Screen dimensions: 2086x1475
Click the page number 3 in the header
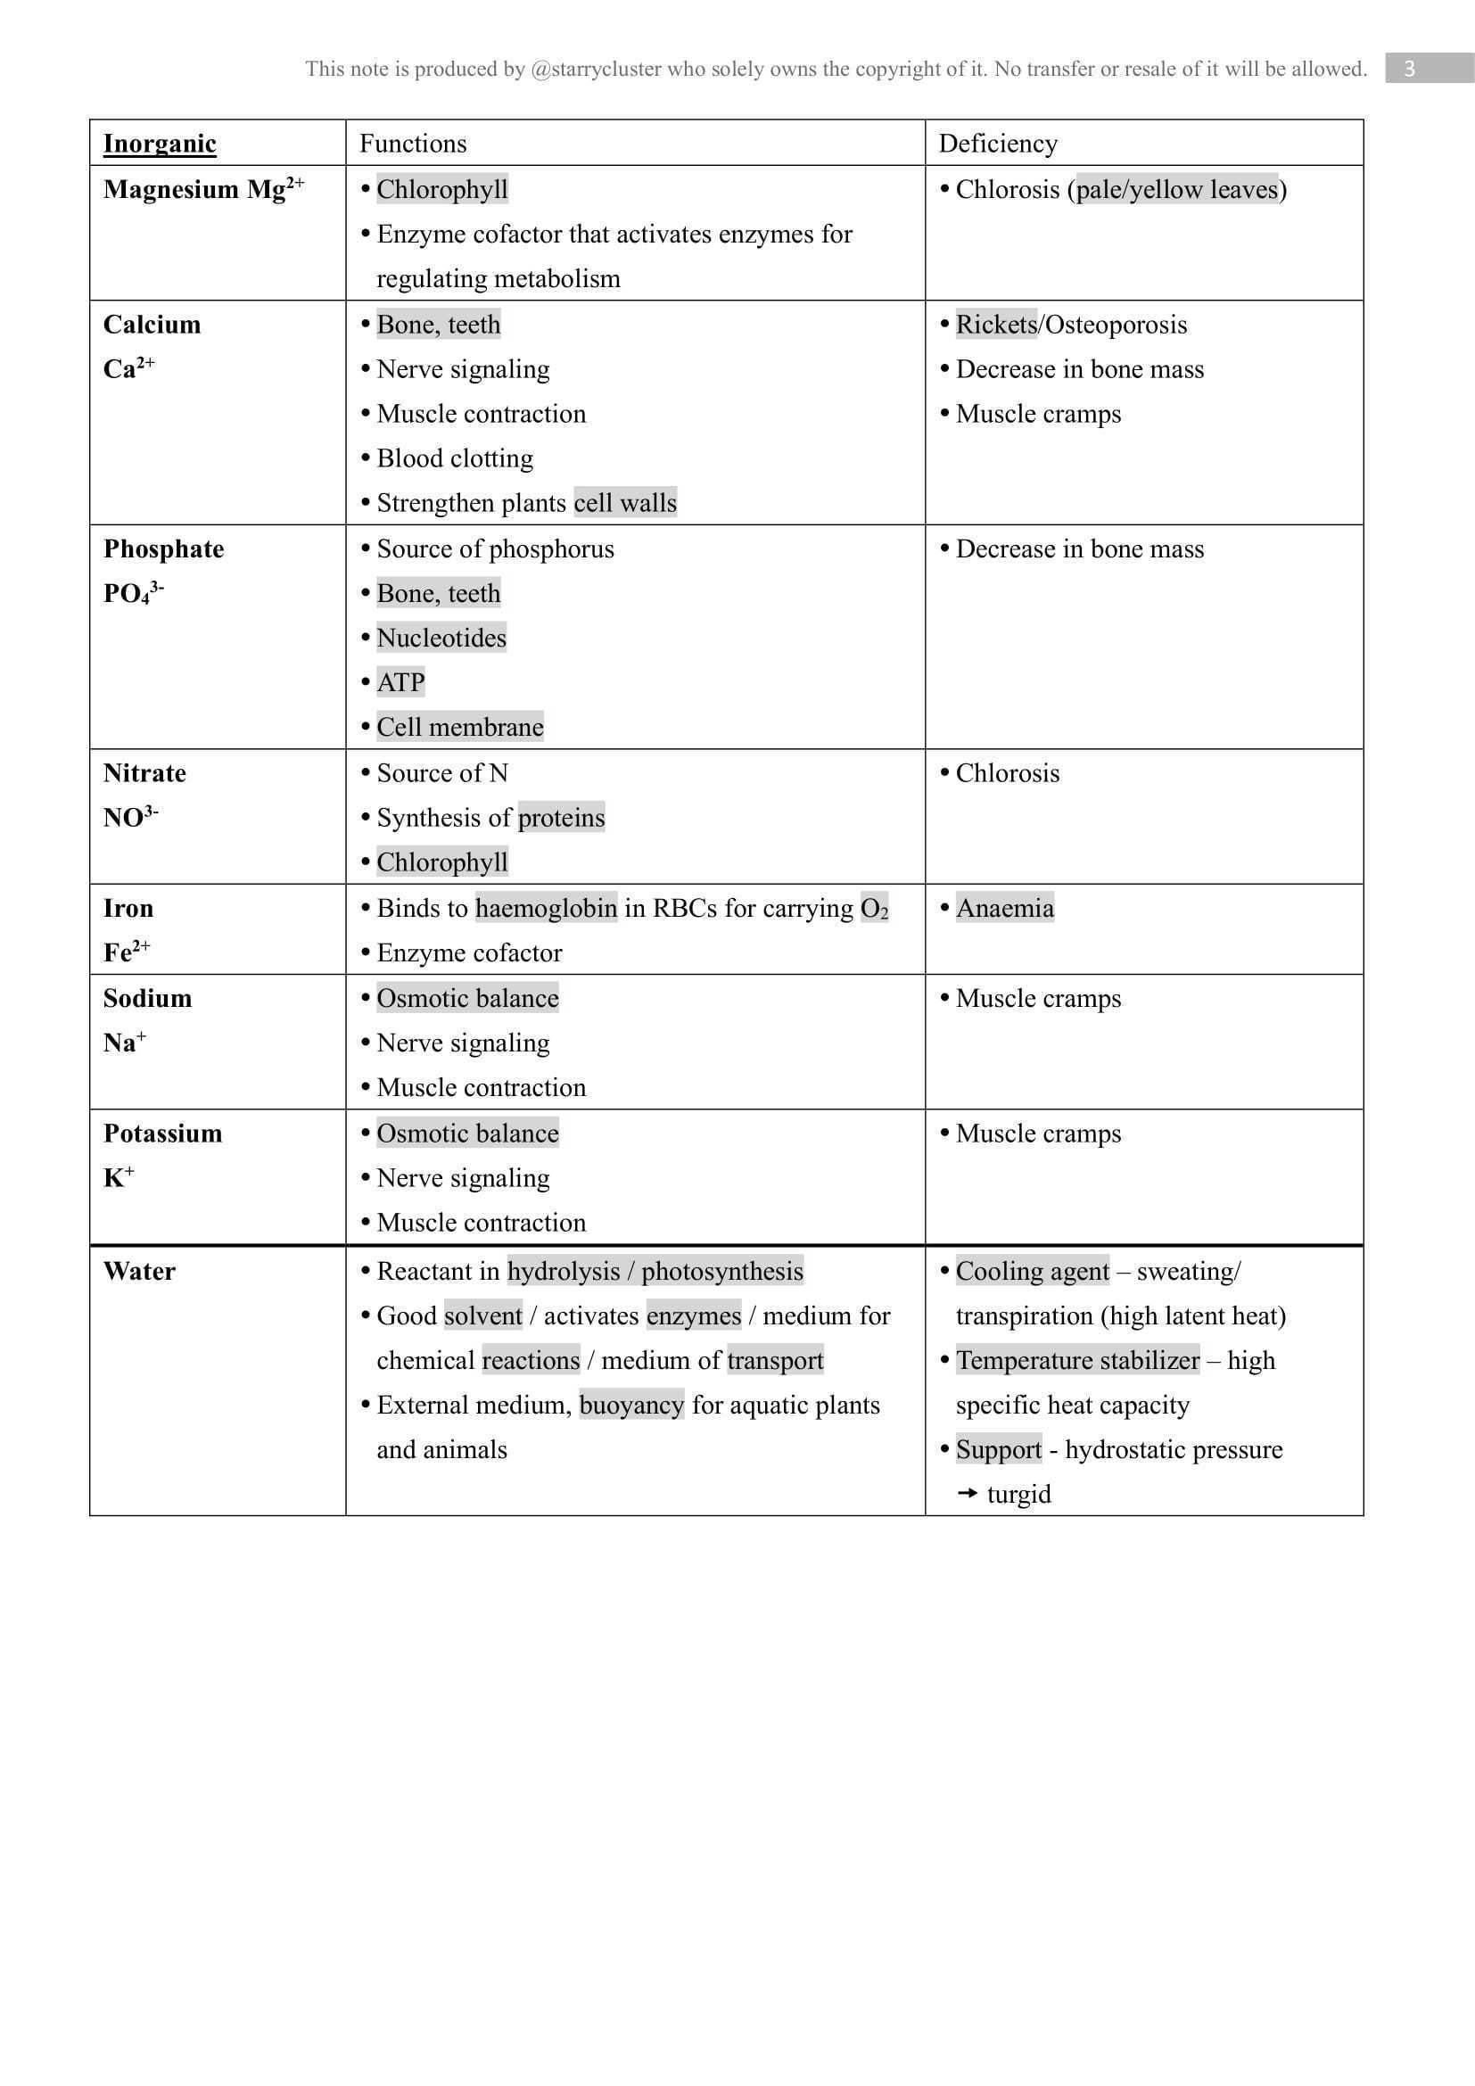(x=1409, y=68)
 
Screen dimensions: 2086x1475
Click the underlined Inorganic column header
(x=159, y=144)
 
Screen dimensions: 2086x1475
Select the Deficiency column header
(x=997, y=144)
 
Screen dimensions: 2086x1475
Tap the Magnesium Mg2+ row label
(x=202, y=189)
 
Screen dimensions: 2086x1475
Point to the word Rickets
(x=995, y=325)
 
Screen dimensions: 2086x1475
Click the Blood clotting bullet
(x=454, y=458)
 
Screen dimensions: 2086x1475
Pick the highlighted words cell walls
(x=625, y=503)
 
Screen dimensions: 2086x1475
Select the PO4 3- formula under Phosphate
(x=133, y=593)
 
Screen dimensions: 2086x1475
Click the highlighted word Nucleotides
(x=441, y=638)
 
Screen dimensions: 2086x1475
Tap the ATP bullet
(x=400, y=682)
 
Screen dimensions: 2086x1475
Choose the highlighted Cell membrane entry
(x=459, y=727)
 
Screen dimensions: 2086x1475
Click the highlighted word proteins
(x=560, y=818)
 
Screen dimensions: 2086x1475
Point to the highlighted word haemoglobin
(x=546, y=908)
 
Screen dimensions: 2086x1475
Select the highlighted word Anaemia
(x=1004, y=908)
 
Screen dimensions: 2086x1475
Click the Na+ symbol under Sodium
(x=125, y=1042)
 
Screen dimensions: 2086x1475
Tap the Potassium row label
(x=162, y=1133)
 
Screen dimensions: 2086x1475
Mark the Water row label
(x=139, y=1271)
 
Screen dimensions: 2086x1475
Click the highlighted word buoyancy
(x=631, y=1405)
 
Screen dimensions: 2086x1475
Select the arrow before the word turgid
(x=968, y=1494)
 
